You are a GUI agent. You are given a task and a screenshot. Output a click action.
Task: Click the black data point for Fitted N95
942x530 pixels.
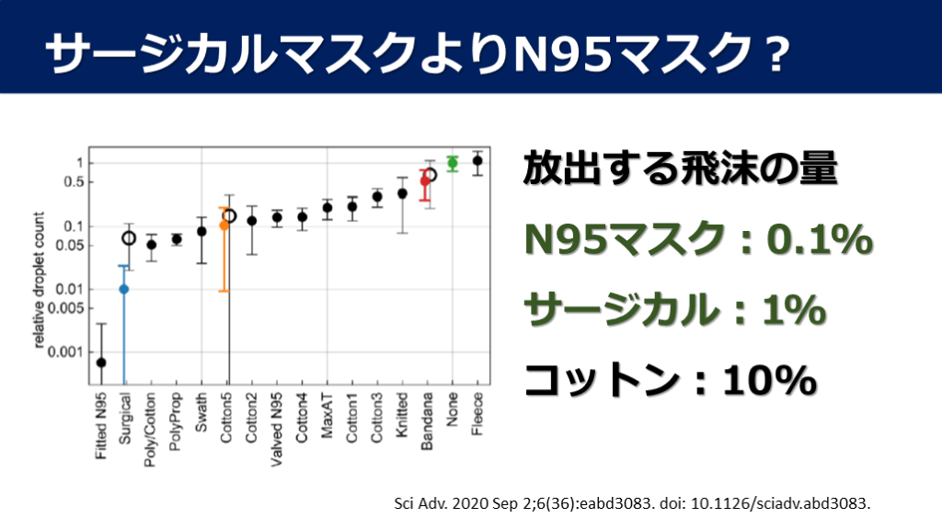pos(100,363)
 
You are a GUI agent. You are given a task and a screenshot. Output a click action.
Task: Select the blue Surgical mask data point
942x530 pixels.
pos(124,289)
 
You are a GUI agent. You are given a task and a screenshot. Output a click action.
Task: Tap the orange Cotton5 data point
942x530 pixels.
pos(224,225)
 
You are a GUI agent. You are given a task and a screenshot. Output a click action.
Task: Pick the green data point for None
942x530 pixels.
pos(452,163)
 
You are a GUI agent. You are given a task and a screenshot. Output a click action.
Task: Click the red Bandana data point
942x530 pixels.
pos(425,181)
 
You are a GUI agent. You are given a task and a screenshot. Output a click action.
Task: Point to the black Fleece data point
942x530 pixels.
pos(477,161)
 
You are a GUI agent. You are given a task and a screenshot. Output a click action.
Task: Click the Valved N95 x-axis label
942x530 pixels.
pos(276,432)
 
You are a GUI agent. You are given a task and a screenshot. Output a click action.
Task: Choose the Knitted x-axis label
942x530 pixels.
pos(402,422)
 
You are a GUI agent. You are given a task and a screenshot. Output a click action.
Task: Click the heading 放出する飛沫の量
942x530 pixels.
pos(680,171)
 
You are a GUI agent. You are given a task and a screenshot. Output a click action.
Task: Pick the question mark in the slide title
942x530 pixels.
pos(773,55)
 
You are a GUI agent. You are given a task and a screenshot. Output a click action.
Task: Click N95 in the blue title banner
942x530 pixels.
pos(564,55)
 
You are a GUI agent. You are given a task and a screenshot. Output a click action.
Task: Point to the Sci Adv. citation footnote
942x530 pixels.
pos(631,503)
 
